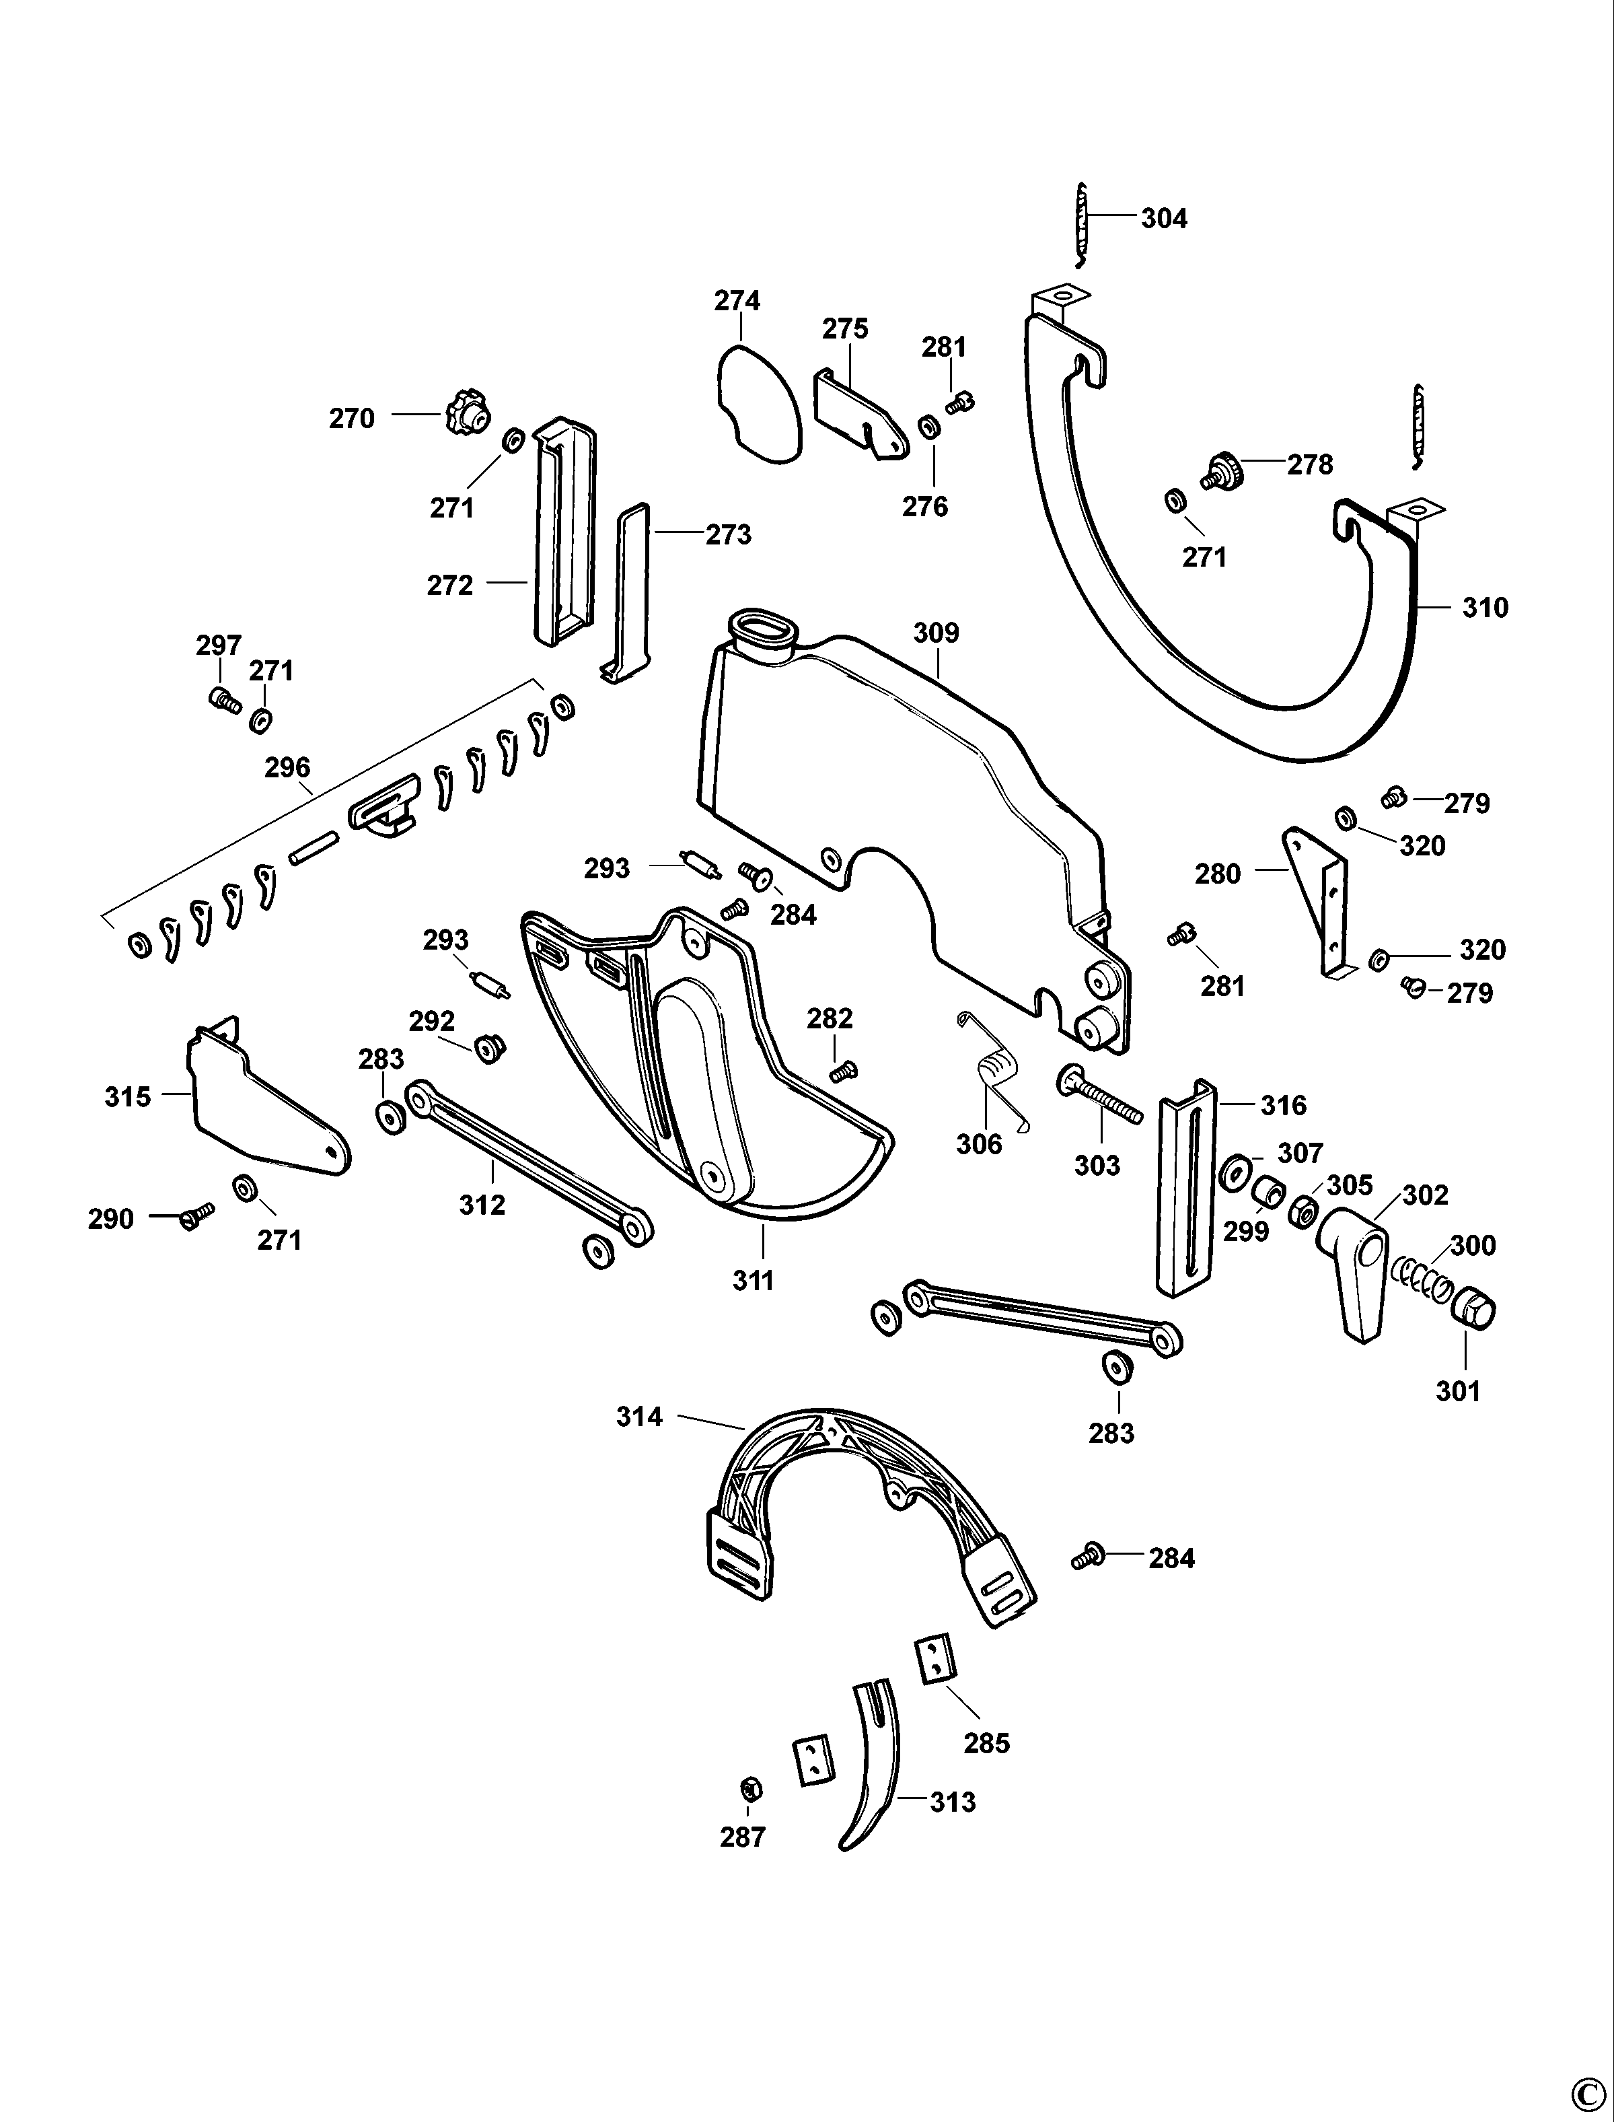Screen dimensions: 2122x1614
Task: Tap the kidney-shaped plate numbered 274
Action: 757,406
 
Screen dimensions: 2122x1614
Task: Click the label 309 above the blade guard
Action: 936,633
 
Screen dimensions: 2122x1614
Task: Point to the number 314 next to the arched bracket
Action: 640,1417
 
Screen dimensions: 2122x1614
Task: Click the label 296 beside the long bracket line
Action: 287,768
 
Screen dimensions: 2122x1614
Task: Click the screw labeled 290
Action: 196,1217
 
